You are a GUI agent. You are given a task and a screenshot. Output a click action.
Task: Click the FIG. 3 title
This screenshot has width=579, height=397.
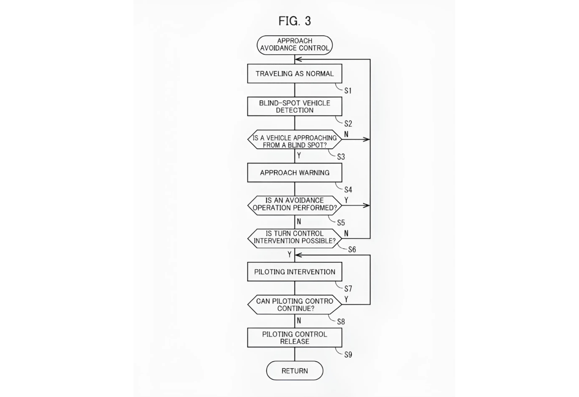[294, 21]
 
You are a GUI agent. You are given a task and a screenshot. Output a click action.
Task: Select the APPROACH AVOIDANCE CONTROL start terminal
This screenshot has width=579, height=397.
[295, 45]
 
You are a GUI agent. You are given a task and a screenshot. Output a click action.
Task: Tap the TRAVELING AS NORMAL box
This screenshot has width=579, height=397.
[295, 74]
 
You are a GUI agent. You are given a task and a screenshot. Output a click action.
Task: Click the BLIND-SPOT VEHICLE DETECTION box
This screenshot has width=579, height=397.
[295, 106]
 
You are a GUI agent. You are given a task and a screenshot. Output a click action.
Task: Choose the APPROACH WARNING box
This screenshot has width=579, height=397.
[295, 173]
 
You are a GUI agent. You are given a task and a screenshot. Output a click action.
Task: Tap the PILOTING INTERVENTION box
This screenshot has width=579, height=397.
[295, 272]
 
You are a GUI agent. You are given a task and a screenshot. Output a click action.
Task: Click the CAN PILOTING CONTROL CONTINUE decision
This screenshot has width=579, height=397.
[295, 305]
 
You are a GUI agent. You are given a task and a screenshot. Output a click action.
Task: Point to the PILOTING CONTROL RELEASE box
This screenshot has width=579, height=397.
[295, 338]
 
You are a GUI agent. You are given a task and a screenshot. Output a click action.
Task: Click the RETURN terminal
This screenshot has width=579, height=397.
[295, 371]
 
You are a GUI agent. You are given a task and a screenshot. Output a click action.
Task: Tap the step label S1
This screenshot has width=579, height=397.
[348, 90]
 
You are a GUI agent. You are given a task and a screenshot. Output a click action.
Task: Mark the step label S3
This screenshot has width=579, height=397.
[341, 157]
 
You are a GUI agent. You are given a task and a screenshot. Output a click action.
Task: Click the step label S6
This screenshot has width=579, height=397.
[352, 249]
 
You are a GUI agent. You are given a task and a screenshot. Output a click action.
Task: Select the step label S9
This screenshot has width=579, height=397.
[348, 355]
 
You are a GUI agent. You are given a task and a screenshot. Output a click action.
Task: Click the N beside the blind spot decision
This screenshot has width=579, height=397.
[346, 134]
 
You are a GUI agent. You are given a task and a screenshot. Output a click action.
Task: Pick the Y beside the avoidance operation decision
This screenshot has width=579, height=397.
[346, 200]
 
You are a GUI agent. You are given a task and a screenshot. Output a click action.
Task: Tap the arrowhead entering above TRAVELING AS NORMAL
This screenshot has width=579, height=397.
[298, 59]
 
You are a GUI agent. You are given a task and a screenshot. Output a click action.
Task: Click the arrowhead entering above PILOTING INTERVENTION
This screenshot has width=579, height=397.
[298, 255]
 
